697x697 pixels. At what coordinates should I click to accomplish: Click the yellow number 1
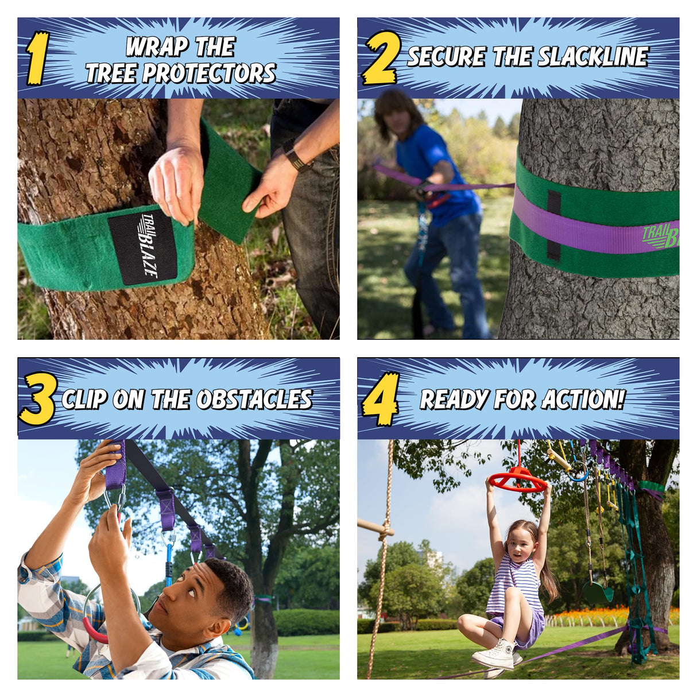(x=37, y=59)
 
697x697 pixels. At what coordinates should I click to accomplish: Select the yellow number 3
(x=38, y=399)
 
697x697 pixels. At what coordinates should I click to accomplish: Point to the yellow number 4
(x=381, y=399)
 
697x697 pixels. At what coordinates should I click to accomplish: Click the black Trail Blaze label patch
(x=142, y=247)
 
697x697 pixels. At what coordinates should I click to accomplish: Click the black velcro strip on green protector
(x=553, y=225)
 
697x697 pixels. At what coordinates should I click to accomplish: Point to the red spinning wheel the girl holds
(x=518, y=479)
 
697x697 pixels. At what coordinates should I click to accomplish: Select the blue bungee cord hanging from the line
(x=169, y=560)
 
